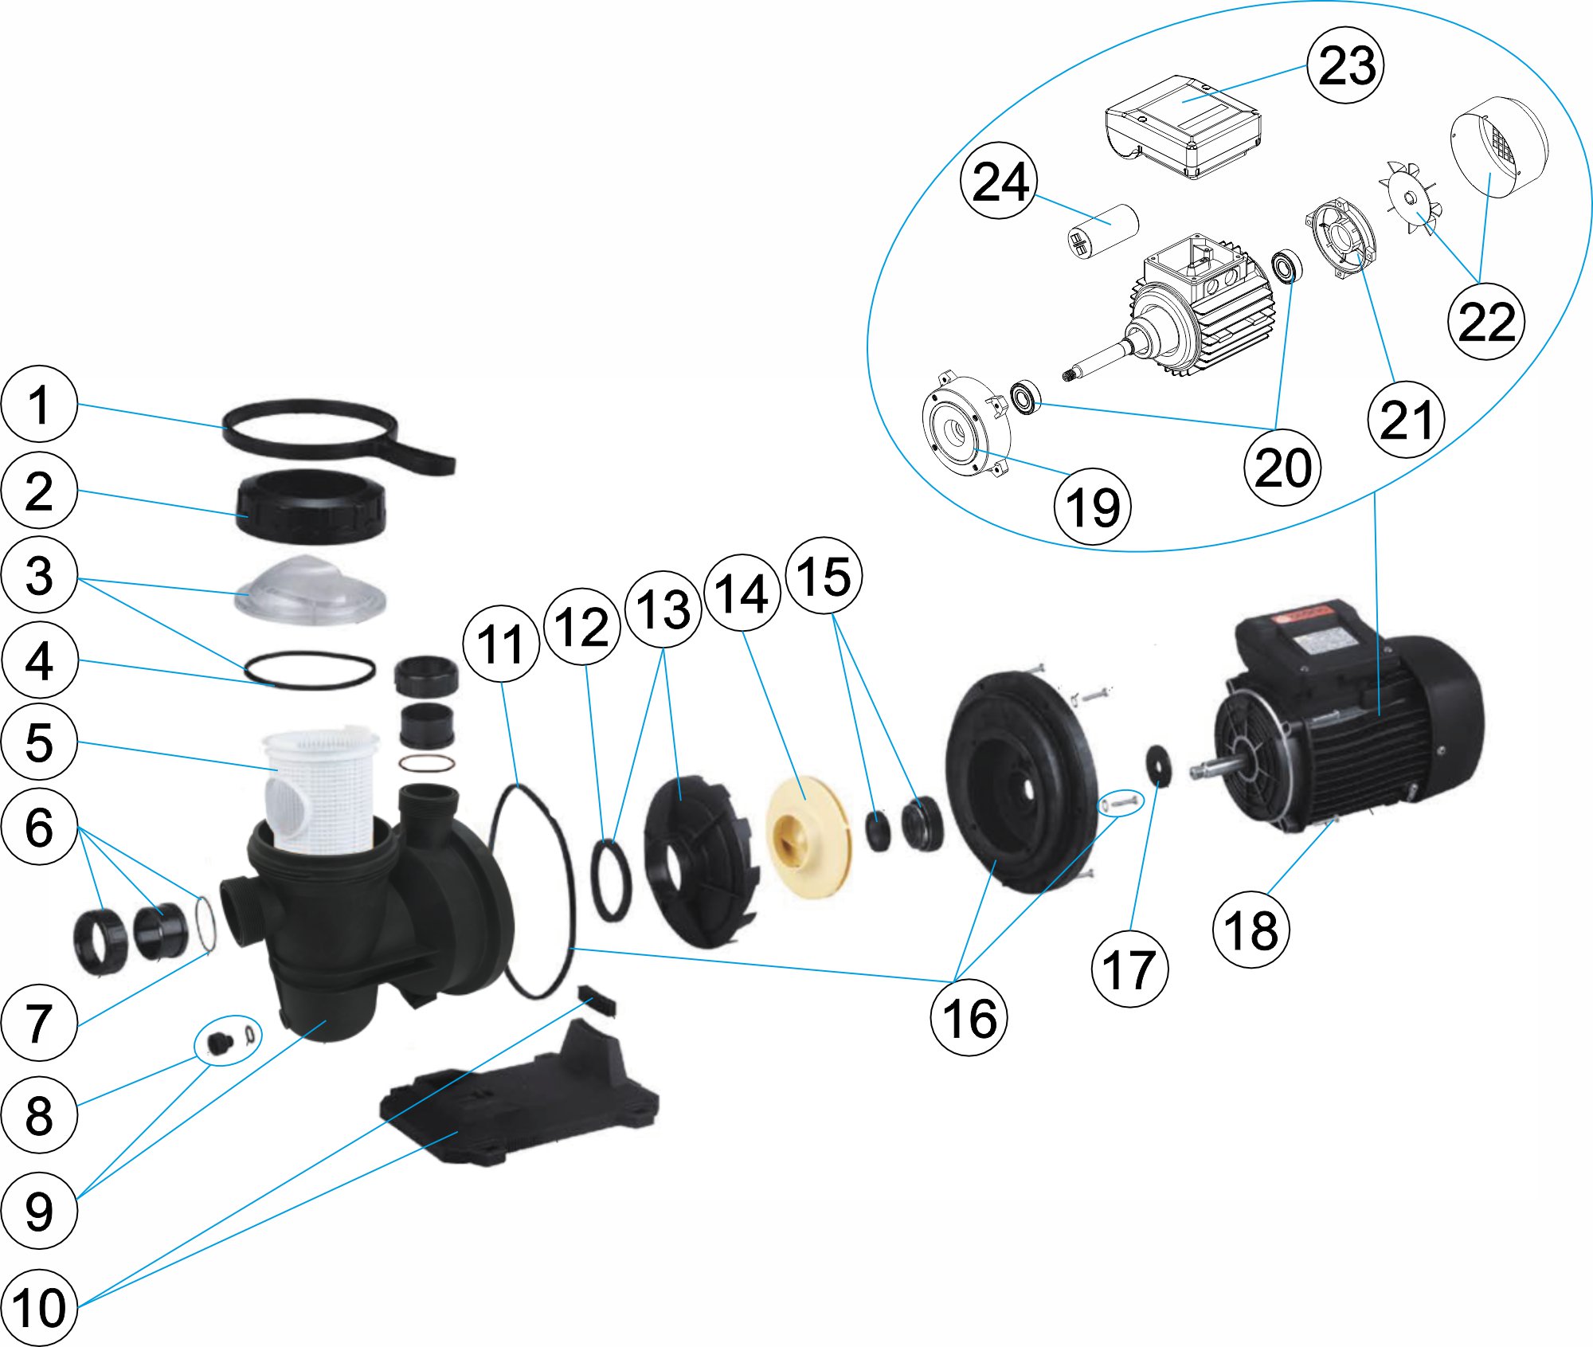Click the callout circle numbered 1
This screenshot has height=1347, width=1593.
pyautogui.click(x=39, y=404)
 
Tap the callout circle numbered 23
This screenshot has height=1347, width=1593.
pyautogui.click(x=1346, y=65)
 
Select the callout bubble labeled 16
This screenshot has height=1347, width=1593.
pyautogui.click(x=969, y=1018)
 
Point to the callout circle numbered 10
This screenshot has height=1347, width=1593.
pyautogui.click(x=39, y=1307)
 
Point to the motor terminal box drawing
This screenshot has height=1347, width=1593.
pyautogui.click(x=1184, y=127)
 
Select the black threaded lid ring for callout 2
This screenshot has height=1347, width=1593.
pyautogui.click(x=311, y=507)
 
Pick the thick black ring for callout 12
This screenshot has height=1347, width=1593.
pyautogui.click(x=611, y=880)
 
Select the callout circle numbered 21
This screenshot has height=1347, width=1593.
pyautogui.click(x=1406, y=420)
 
